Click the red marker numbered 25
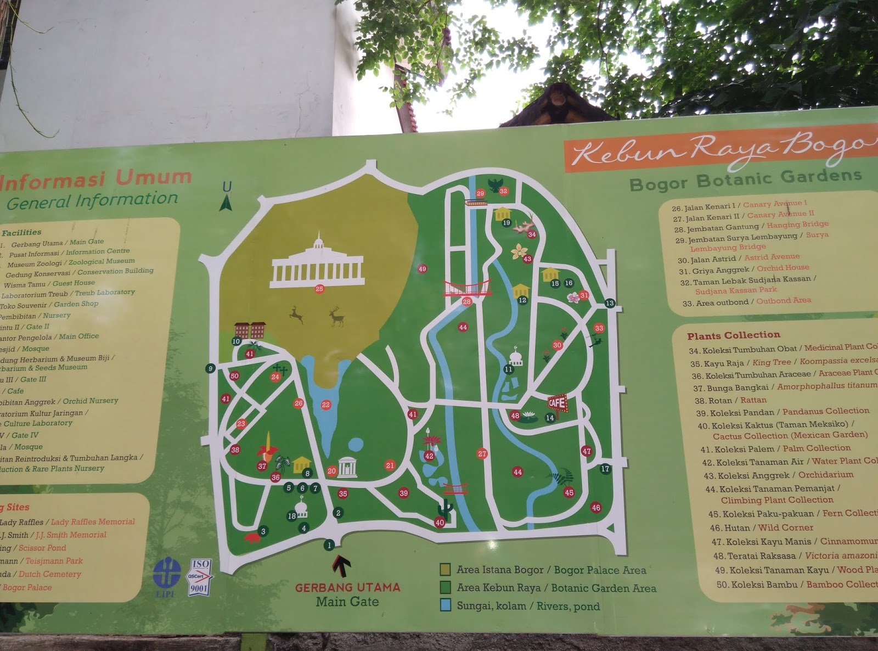pos(319,289)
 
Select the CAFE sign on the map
pos(557,403)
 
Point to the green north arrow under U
pos(226,204)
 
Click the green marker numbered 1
pos(329,545)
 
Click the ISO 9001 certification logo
pos(200,577)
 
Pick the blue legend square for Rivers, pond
pos(445,605)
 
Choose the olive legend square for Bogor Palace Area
pos(445,569)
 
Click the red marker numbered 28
pos(467,301)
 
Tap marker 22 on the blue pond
pos(326,405)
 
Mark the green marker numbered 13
pos(610,303)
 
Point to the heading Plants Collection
pos(733,335)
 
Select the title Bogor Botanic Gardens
pos(746,179)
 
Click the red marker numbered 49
pos(422,269)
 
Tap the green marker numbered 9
pos(210,368)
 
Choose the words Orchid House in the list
pos(783,268)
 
